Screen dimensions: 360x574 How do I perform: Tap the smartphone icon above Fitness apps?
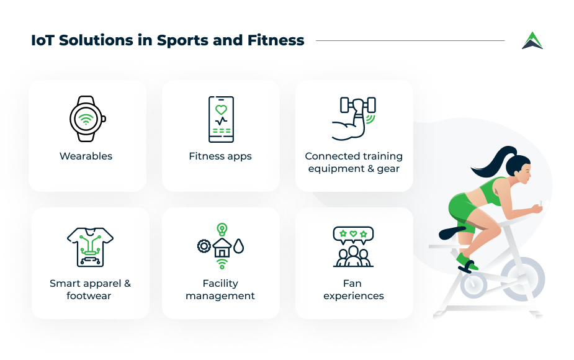point(221,119)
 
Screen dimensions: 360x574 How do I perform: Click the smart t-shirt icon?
point(90,246)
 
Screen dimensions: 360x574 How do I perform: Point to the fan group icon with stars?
point(353,246)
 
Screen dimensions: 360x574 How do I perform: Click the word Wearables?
point(86,156)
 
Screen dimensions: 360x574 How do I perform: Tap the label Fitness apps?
point(220,156)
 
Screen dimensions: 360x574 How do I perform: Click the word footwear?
point(89,296)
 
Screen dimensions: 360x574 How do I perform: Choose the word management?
point(220,296)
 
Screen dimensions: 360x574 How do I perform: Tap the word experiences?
point(354,296)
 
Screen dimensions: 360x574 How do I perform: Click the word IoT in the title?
point(40,41)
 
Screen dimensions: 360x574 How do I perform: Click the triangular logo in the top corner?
point(532,40)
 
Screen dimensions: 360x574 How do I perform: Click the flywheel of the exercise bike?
point(522,277)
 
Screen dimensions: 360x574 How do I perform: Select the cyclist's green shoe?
point(465,259)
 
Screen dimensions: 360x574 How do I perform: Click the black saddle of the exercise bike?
point(450,232)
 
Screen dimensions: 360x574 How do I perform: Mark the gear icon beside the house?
point(204,246)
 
